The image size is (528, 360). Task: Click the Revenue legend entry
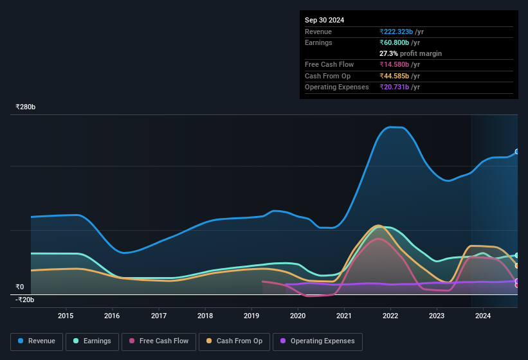click(x=37, y=341)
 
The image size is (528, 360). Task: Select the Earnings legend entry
click(x=92, y=341)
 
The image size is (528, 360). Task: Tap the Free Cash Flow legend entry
click(x=159, y=341)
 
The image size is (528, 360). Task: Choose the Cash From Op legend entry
click(x=234, y=341)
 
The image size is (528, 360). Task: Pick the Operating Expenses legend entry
click(x=317, y=341)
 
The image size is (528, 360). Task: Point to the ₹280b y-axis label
click(x=26, y=107)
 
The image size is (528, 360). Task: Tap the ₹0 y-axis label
click(x=20, y=287)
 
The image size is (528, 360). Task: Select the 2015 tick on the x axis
click(x=66, y=316)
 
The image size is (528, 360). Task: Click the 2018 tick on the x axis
click(x=205, y=316)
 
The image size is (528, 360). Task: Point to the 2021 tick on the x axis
click(x=344, y=316)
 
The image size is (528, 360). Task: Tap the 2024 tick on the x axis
click(x=483, y=316)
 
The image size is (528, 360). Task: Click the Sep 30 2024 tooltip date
click(x=324, y=20)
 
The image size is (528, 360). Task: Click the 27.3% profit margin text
click(x=410, y=53)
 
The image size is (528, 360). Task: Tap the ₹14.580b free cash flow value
click(x=399, y=64)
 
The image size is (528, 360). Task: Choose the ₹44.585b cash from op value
click(x=399, y=76)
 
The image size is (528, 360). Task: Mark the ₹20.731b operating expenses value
click(x=399, y=87)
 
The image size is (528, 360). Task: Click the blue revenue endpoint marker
click(x=517, y=152)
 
